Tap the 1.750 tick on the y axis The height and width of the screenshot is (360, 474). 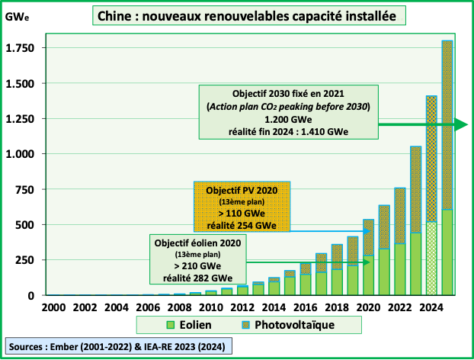tap(21, 48)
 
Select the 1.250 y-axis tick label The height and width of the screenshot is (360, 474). tap(21, 119)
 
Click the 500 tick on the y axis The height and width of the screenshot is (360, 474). tap(25, 224)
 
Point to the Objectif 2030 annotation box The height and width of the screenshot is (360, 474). tap(289, 111)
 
